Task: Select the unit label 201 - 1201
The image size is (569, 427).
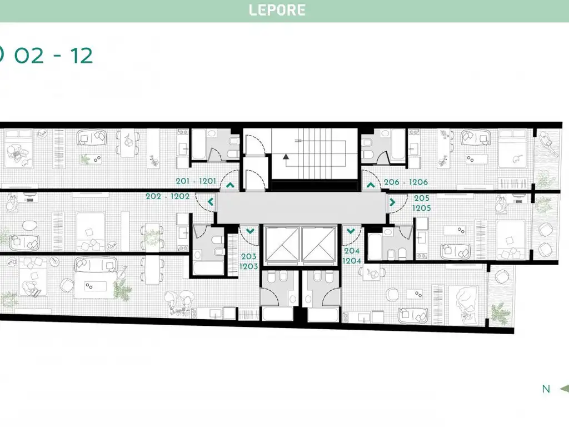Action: (196, 181)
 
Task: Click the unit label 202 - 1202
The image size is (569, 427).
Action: (168, 196)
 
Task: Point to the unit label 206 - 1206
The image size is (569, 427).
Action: (406, 182)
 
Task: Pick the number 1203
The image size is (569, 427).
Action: (249, 266)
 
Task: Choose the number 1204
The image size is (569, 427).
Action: (352, 261)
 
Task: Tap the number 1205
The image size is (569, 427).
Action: (422, 208)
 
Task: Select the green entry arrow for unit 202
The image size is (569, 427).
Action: (211, 202)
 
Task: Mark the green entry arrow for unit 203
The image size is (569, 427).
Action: (249, 231)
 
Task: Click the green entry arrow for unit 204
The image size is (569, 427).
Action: (351, 231)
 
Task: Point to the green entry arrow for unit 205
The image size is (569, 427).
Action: (391, 202)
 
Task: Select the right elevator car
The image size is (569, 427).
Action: (319, 244)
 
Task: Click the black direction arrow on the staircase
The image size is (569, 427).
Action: (286, 158)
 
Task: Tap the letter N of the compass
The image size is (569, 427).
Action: (546, 389)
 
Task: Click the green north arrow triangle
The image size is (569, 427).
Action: (564, 389)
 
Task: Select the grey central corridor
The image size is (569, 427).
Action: (300, 208)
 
